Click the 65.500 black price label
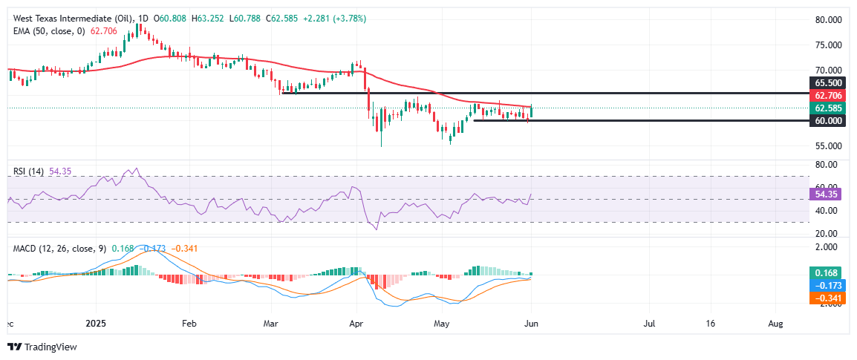tap(827, 83)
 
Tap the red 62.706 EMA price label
tap(827, 95)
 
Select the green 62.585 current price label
tap(827, 108)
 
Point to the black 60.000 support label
tap(827, 120)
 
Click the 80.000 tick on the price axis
tap(828, 19)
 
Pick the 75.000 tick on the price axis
tap(828, 45)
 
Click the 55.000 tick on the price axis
tap(828, 145)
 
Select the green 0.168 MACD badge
tap(827, 272)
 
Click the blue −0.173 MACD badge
tap(827, 285)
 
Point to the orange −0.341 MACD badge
tap(827, 297)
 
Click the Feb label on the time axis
tap(189, 324)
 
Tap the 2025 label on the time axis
tap(96, 324)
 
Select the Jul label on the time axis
tap(649, 324)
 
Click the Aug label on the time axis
tap(775, 324)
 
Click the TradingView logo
tap(42, 347)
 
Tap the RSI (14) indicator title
tap(29, 171)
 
